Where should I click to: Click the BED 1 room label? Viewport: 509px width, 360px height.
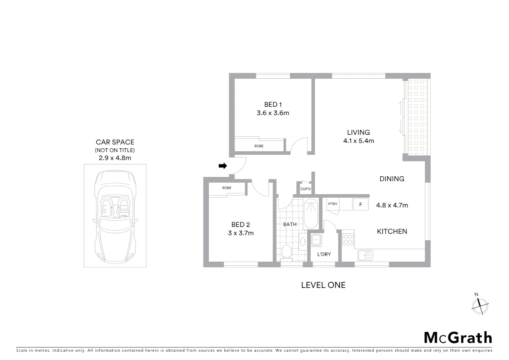[x=273, y=105]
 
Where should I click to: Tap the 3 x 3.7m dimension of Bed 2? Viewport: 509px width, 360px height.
[x=241, y=233]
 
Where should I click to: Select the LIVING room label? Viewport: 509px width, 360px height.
[x=358, y=132]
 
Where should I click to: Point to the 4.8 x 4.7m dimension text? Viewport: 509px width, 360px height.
[x=392, y=205]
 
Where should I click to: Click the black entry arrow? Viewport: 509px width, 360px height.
[x=223, y=166]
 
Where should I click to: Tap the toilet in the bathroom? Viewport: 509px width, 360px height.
[x=286, y=252]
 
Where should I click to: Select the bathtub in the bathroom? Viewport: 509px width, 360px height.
[x=311, y=213]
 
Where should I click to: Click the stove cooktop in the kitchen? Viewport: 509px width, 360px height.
[x=348, y=238]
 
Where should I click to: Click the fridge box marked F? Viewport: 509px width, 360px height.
[x=360, y=205]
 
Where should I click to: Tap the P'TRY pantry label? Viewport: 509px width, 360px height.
[x=332, y=204]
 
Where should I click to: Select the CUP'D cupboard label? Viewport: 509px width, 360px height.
[x=305, y=189]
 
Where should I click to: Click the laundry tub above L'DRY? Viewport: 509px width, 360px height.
[x=316, y=240]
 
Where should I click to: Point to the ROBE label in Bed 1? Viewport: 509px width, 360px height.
[x=259, y=146]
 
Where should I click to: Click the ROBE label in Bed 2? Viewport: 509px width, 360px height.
[x=227, y=188]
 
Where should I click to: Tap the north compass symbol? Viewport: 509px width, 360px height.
[x=480, y=304]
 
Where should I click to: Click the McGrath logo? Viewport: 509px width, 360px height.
[x=458, y=338]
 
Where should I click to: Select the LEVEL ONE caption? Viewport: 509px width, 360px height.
[x=323, y=285]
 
